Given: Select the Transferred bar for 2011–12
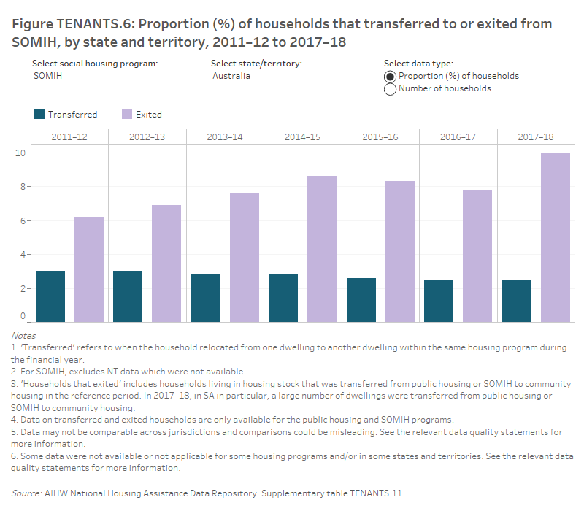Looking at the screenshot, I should [50, 296].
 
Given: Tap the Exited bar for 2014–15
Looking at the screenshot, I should [322, 249].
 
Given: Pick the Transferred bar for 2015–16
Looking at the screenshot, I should [361, 299].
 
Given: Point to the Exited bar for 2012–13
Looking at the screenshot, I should [166, 264].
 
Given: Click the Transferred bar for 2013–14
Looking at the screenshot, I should [206, 298].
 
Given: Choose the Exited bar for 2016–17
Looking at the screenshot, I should [477, 255].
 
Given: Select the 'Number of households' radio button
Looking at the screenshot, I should [390, 89].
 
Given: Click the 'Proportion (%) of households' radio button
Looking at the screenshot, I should [390, 77].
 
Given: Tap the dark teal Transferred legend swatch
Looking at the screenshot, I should [39, 114].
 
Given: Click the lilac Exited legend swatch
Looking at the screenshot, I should [127, 114].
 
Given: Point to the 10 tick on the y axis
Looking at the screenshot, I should [23, 153].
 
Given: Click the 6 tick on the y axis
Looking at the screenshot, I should [23, 220].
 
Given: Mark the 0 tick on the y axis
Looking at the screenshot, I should [23, 317].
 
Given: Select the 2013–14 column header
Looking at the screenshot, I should [225, 137].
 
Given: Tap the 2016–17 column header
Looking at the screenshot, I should [458, 137].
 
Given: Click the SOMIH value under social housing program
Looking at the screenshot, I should [48, 76].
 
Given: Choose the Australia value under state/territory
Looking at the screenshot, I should [231, 76].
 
